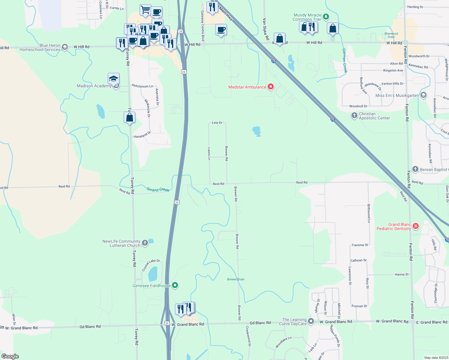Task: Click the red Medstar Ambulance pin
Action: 271,87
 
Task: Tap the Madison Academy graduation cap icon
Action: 113,79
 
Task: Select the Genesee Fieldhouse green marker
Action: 175,285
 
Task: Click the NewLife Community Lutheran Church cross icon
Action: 145,243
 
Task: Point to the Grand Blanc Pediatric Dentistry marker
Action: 416,226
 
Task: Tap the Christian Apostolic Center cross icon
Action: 354,115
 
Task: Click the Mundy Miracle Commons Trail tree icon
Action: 326,17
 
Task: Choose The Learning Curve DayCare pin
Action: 311,321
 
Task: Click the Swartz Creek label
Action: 158,189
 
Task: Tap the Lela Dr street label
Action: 217,123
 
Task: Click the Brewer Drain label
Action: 236,279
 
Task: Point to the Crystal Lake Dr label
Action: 151,265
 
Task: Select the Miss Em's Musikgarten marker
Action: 423,95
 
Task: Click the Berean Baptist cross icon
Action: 415,169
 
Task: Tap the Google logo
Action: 10,356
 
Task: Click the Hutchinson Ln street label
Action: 142,86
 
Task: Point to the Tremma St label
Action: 360,245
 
